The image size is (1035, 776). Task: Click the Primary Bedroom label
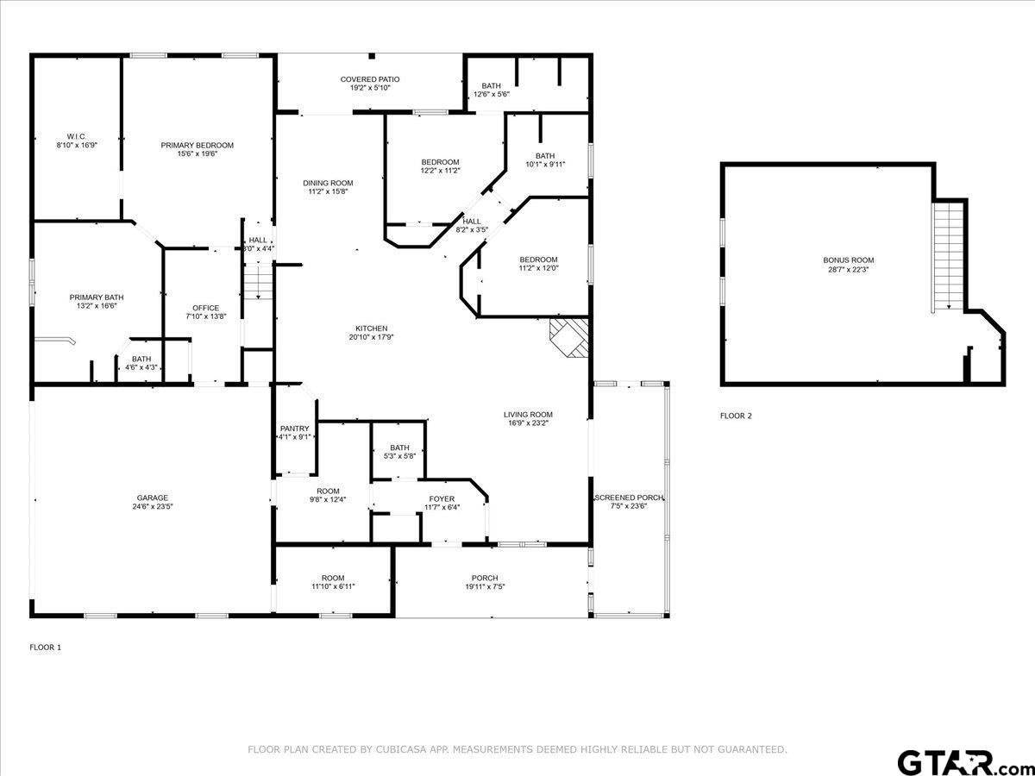(198, 145)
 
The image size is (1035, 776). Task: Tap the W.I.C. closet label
(77, 136)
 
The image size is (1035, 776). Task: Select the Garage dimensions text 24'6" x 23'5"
(153, 506)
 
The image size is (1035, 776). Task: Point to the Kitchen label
(372, 329)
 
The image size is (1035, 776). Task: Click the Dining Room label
(328, 183)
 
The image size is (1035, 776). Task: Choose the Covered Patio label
(370, 79)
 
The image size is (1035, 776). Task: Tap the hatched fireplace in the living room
(569, 338)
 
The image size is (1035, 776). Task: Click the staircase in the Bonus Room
(948, 257)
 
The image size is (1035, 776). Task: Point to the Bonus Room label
(849, 260)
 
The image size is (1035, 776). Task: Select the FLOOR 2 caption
(736, 416)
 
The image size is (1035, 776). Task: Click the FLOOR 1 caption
(45, 647)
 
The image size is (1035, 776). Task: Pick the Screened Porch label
(630, 498)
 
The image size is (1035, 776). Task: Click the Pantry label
(294, 429)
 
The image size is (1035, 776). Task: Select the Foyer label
(442, 498)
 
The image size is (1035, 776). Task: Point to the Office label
(205, 308)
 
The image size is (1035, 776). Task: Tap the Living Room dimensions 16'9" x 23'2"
(528, 423)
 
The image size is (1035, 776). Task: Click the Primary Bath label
(97, 297)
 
